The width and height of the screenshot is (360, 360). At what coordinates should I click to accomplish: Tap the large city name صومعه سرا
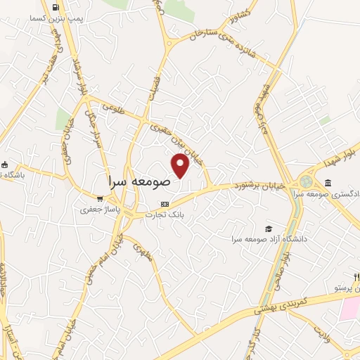[x=140, y=180]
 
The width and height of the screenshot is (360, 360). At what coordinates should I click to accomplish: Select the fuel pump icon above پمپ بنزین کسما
[x=55, y=9]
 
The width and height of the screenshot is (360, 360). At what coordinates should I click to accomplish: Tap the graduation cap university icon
[x=267, y=229]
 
